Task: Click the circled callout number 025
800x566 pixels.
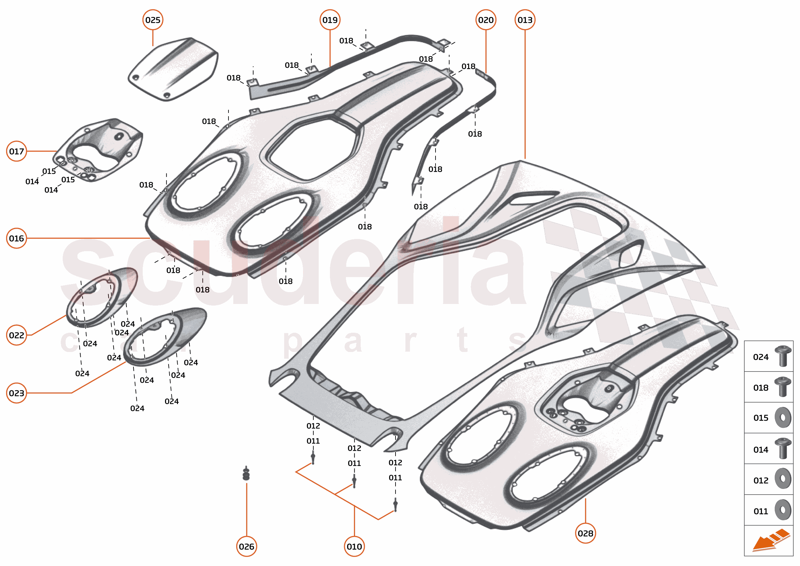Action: pyautogui.click(x=153, y=20)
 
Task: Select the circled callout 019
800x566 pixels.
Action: pyautogui.click(x=330, y=20)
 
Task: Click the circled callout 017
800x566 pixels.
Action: pyautogui.click(x=16, y=151)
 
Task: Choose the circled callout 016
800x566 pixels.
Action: pyautogui.click(x=16, y=238)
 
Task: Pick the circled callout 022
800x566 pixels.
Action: pyautogui.click(x=16, y=335)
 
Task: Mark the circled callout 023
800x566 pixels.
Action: pyautogui.click(x=16, y=393)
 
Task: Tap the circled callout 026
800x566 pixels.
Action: pyautogui.click(x=246, y=546)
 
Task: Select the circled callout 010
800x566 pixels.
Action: pyautogui.click(x=354, y=546)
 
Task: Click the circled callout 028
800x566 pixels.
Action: pyautogui.click(x=585, y=533)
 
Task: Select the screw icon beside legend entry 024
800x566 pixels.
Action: pyautogui.click(x=783, y=356)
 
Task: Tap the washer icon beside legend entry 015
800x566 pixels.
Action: pyautogui.click(x=783, y=418)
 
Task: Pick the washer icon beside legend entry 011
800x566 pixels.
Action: pyautogui.click(x=783, y=510)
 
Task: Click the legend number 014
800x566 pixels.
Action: pyautogui.click(x=761, y=450)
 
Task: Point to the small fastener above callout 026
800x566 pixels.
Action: pyautogui.click(x=246, y=474)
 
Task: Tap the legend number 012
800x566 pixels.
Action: pyautogui.click(x=761, y=481)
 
